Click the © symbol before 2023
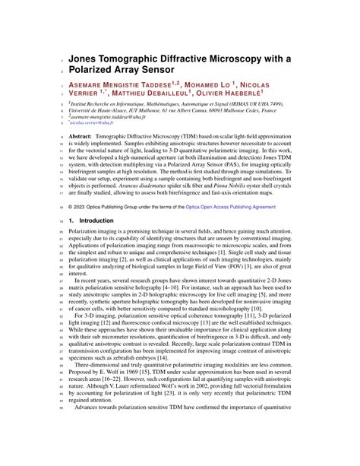tap(71, 205)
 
